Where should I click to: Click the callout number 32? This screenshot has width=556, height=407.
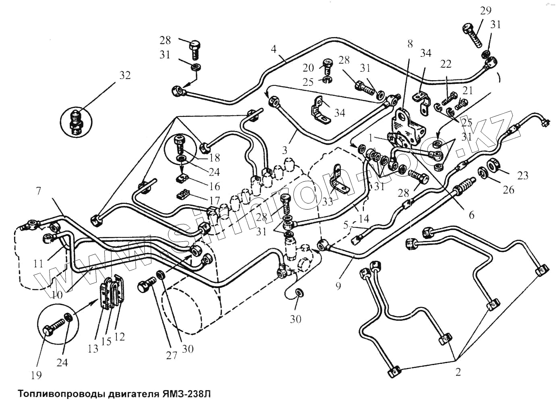(x=125, y=75)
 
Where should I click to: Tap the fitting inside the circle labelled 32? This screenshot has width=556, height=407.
(x=76, y=121)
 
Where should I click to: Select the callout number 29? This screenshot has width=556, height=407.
(x=485, y=10)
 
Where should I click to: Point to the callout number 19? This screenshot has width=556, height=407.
(x=36, y=375)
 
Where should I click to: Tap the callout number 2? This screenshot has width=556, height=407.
(x=458, y=372)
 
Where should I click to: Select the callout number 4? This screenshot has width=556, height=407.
(x=274, y=50)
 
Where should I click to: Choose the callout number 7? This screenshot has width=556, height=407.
(x=39, y=191)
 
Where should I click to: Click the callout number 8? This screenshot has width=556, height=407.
(x=410, y=44)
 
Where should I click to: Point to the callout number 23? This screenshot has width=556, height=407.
(x=522, y=175)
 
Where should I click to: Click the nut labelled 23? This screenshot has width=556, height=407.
(x=493, y=165)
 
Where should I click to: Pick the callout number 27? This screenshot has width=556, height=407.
(x=172, y=355)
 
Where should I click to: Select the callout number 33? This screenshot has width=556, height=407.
(x=328, y=201)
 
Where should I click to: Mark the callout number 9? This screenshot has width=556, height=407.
(x=338, y=285)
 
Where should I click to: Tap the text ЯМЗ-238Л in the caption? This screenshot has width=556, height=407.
(x=187, y=394)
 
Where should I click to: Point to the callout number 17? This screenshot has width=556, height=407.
(x=214, y=200)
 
